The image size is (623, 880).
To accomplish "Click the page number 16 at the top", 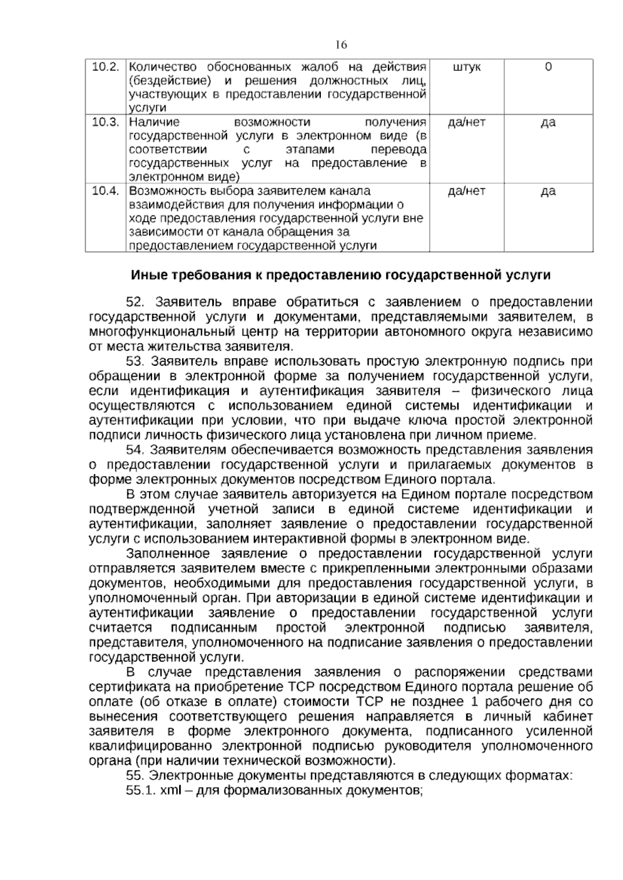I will (x=341, y=45).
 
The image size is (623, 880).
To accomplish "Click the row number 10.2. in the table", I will (x=106, y=67).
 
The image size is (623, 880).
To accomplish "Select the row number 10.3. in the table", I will (x=106, y=122).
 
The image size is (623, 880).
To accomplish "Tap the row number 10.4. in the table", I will (x=106, y=191).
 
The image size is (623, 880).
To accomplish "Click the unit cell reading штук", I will (x=467, y=67).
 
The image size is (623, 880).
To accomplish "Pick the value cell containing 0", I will (x=548, y=67).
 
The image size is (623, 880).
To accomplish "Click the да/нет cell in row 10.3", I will (x=467, y=122).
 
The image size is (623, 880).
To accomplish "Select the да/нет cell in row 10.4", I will (x=467, y=191).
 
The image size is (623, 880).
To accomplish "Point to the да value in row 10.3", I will (x=548, y=123).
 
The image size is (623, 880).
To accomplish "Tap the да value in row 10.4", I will (x=548, y=191).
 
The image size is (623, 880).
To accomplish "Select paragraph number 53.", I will (x=138, y=362).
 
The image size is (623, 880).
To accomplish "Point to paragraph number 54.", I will (x=138, y=450).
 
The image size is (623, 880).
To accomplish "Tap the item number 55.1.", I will (x=141, y=791).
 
